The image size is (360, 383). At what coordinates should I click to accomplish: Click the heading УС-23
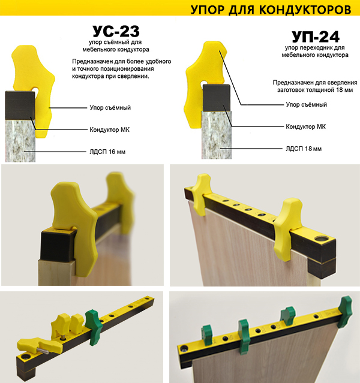(x=116, y=31)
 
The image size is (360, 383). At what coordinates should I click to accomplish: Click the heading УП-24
(x=316, y=37)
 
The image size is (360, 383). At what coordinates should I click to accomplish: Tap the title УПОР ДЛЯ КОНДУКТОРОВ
(x=271, y=10)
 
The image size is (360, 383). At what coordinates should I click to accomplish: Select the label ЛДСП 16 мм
(x=107, y=152)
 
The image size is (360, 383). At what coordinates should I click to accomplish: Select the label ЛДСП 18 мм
(x=304, y=149)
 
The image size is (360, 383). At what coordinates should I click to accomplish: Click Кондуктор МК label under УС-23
(x=110, y=129)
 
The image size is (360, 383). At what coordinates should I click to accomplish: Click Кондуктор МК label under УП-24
(x=306, y=126)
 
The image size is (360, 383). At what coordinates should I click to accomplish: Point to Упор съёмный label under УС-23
(x=110, y=107)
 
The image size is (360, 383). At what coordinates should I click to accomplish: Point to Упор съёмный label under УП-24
(x=307, y=104)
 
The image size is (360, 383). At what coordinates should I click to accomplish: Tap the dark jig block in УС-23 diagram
(x=20, y=105)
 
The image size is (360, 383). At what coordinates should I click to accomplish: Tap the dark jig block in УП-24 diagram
(x=217, y=98)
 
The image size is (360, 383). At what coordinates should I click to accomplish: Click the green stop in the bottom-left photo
(x=93, y=327)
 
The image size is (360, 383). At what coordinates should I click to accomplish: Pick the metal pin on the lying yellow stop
(x=43, y=351)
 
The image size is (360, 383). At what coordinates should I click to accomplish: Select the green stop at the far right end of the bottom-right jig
(x=345, y=311)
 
